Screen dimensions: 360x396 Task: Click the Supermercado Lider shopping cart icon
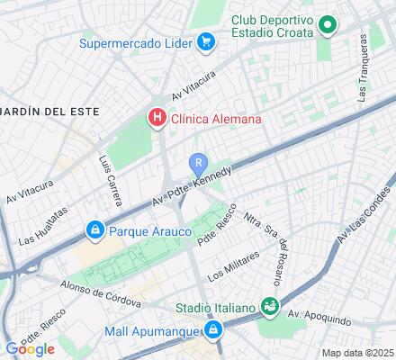pos(206,41)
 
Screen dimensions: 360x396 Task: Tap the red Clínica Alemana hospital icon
pos(157,117)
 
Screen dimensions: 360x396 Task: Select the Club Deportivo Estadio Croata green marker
pos(329,28)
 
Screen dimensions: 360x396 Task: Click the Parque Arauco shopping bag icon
pos(94,230)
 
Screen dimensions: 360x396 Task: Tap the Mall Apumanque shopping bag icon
pos(212,331)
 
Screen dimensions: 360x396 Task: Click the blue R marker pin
pos(199,163)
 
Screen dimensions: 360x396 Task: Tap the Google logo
pos(30,348)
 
